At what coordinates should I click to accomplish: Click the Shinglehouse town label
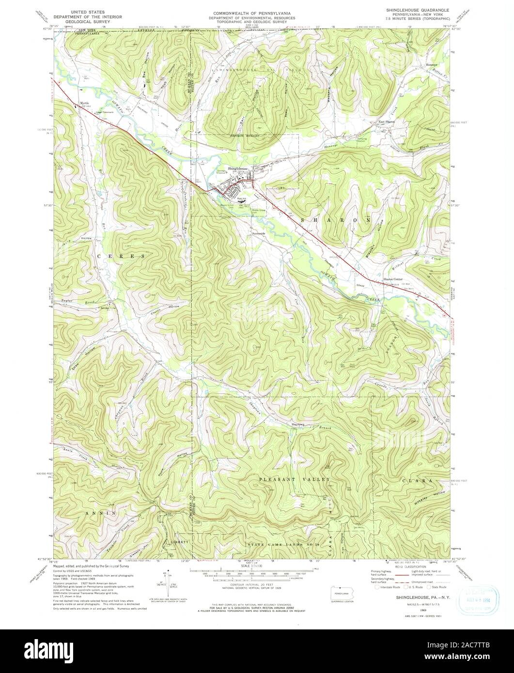[238, 168]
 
